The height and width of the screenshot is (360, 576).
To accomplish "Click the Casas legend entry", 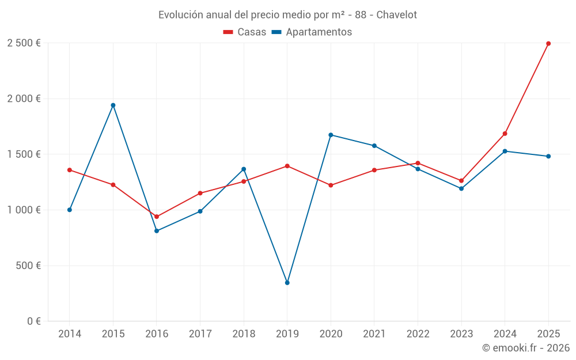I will coord(245,32).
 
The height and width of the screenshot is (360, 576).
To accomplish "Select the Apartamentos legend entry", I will coord(312,32).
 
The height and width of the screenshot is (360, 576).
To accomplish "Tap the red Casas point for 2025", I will coord(548,43).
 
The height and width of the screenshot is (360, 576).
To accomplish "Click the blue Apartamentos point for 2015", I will coord(113,105).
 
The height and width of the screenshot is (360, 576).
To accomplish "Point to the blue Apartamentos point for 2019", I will coord(287,283).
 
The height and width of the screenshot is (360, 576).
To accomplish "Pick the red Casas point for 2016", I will coord(157,217).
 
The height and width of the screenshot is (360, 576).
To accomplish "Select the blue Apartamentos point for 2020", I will coord(331,135).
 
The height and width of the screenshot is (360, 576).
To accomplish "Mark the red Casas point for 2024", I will coord(505,134).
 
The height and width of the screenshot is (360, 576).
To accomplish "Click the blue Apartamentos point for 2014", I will coord(70,210).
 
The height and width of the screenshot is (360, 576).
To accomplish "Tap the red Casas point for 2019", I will coord(287,166).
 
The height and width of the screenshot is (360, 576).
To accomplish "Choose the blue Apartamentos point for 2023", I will coord(461,188).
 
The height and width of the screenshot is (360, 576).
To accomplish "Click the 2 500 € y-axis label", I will coord(24,43).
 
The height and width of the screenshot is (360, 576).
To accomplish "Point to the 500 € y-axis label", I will coord(29,266).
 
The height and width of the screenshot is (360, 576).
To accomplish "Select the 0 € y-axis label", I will coord(33,321).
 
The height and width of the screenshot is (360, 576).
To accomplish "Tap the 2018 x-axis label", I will coord(244,334).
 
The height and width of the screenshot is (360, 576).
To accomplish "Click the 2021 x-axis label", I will coord(374,334).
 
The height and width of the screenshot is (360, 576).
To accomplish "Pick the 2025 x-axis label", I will coord(548,334).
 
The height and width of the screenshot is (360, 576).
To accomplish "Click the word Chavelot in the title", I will coord(396,15).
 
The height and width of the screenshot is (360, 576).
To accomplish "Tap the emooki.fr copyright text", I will coord(526,348).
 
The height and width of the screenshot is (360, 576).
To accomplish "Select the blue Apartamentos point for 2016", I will coord(157,231).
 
